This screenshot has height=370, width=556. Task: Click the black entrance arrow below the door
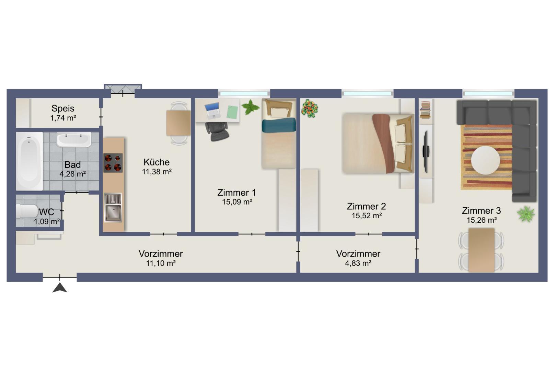point(60,288)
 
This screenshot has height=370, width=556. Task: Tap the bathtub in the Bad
point(29,161)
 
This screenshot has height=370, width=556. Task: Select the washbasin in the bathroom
point(74,139)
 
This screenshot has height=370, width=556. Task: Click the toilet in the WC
point(27,211)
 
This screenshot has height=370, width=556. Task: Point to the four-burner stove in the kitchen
point(113,163)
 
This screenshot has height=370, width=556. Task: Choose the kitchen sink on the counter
point(113,208)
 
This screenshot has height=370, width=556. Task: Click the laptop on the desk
point(212,110)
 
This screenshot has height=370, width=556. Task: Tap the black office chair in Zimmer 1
point(217,131)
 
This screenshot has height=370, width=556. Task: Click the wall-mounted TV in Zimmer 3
point(426,152)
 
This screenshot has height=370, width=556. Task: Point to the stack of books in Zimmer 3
point(425,110)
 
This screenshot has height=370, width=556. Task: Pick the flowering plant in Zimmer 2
point(310,108)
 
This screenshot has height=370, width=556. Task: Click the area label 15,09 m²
point(237,202)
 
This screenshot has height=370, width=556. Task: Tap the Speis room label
point(63,108)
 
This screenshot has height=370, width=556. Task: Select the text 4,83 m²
point(358,263)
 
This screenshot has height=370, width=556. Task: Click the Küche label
point(157,162)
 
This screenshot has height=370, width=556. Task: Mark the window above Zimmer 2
point(367,94)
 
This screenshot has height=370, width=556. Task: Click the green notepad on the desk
point(232,112)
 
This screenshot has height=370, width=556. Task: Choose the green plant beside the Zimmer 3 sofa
point(526,214)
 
